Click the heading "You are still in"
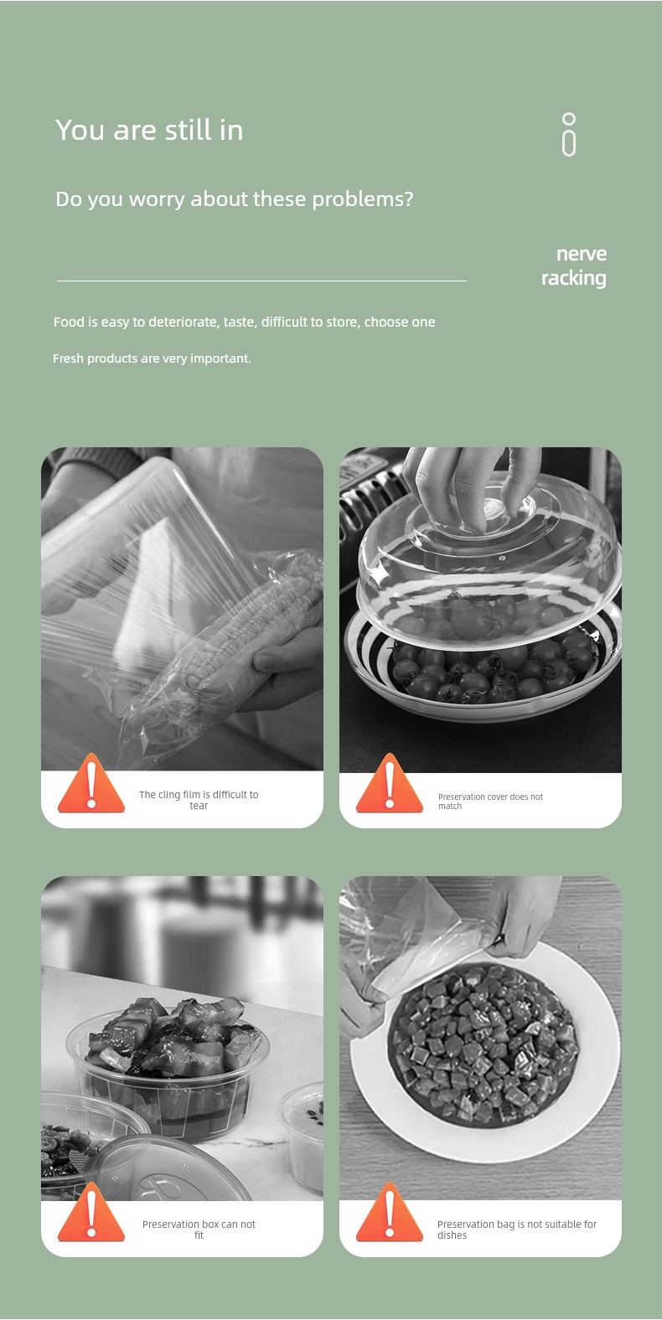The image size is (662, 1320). [x=149, y=130]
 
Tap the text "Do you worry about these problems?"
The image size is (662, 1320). [x=234, y=199]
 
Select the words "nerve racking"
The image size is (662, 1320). [x=574, y=266]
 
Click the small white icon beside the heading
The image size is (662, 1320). [x=569, y=134]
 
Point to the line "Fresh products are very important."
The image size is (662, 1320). [x=152, y=358]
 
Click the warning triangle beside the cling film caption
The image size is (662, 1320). [x=91, y=783]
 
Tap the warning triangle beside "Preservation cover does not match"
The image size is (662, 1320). [x=389, y=783]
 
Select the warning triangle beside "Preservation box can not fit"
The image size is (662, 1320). [x=91, y=1212]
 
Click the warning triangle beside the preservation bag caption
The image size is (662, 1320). [x=389, y=1212]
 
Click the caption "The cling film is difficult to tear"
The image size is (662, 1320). [x=199, y=800]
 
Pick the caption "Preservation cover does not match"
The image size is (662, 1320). [x=490, y=801]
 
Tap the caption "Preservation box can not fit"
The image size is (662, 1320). [x=199, y=1230]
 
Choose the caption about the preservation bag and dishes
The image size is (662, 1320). [x=516, y=1230]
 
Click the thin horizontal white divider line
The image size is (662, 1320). [x=261, y=281]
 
